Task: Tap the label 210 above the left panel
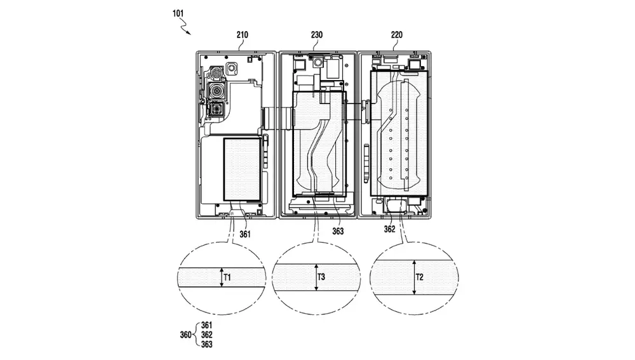243,36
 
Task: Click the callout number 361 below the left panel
245,234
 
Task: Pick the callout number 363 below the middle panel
337,232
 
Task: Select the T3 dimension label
321,277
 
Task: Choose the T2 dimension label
420,276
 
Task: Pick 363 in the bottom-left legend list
206,344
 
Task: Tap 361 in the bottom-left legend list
206,326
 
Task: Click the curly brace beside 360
196,335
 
